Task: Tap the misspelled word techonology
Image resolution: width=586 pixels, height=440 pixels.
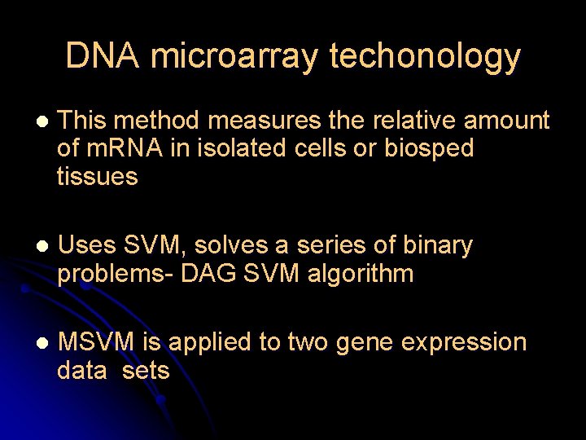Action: pos(425,56)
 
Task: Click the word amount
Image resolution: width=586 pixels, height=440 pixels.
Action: pos(507,121)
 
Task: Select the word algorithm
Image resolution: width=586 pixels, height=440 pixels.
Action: pos(361,273)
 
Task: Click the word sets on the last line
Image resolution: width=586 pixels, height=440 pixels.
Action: pos(146,371)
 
